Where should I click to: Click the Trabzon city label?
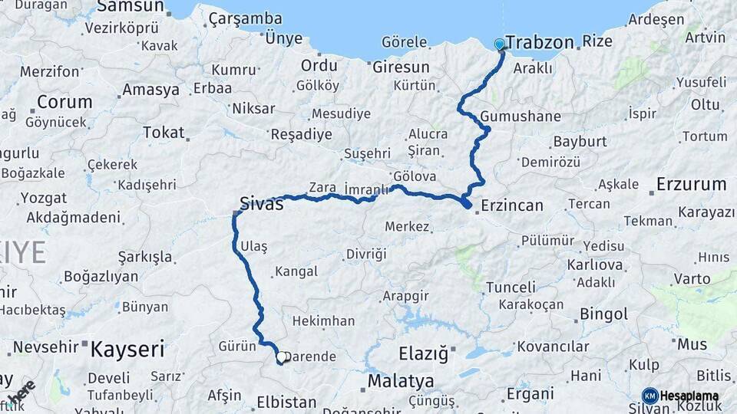click(540, 42)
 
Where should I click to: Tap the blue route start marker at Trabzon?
click(500, 44)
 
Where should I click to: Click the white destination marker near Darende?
click(282, 356)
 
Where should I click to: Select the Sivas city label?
click(261, 204)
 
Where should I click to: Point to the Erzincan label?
click(512, 205)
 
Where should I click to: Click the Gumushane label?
click(521, 117)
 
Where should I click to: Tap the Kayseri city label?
click(127, 350)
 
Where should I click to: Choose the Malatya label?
click(400, 381)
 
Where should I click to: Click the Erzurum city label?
click(691, 185)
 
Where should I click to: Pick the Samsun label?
click(131, 7)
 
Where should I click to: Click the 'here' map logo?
click(22, 392)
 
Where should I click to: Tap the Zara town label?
click(322, 187)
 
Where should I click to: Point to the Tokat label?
click(164, 133)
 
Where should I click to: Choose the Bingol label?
click(604, 314)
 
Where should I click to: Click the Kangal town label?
click(296, 272)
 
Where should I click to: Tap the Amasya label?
click(150, 90)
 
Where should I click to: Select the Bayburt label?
click(580, 142)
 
